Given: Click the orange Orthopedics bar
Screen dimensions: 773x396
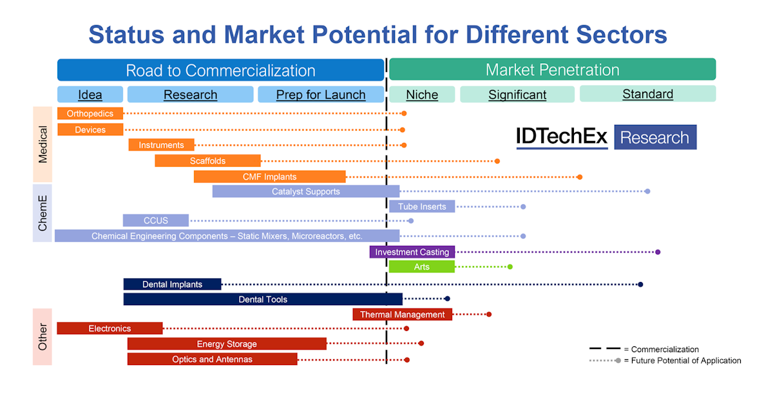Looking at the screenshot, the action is [90, 113].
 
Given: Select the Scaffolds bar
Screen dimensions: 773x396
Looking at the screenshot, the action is [207, 161].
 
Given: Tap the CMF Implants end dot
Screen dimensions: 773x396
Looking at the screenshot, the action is [580, 177].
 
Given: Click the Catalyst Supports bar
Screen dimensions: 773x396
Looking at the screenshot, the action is [306, 191].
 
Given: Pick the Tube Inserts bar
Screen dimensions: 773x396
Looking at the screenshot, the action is [422, 206].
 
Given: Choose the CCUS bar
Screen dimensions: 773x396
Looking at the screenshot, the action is [156, 220].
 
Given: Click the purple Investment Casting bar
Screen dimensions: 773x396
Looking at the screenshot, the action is [412, 252].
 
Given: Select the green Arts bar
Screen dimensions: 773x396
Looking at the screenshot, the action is [422, 267].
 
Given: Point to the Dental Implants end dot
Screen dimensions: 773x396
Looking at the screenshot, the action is [640, 284].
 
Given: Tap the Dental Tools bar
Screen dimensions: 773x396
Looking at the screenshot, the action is [263, 299].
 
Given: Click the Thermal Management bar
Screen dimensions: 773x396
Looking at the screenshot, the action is [403, 314].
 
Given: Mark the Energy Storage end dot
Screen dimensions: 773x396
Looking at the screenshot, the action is [421, 343].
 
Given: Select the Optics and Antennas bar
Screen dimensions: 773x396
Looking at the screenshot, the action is [212, 359].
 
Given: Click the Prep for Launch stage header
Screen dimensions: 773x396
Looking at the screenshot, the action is [321, 95].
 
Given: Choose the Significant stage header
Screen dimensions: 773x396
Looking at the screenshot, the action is [517, 95].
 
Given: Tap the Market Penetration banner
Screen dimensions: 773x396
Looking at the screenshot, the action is [553, 70].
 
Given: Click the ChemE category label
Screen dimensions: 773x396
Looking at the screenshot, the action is [43, 213].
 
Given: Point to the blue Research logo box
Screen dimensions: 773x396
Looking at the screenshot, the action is [655, 137].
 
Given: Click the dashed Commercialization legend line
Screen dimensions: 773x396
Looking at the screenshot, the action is [605, 349].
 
